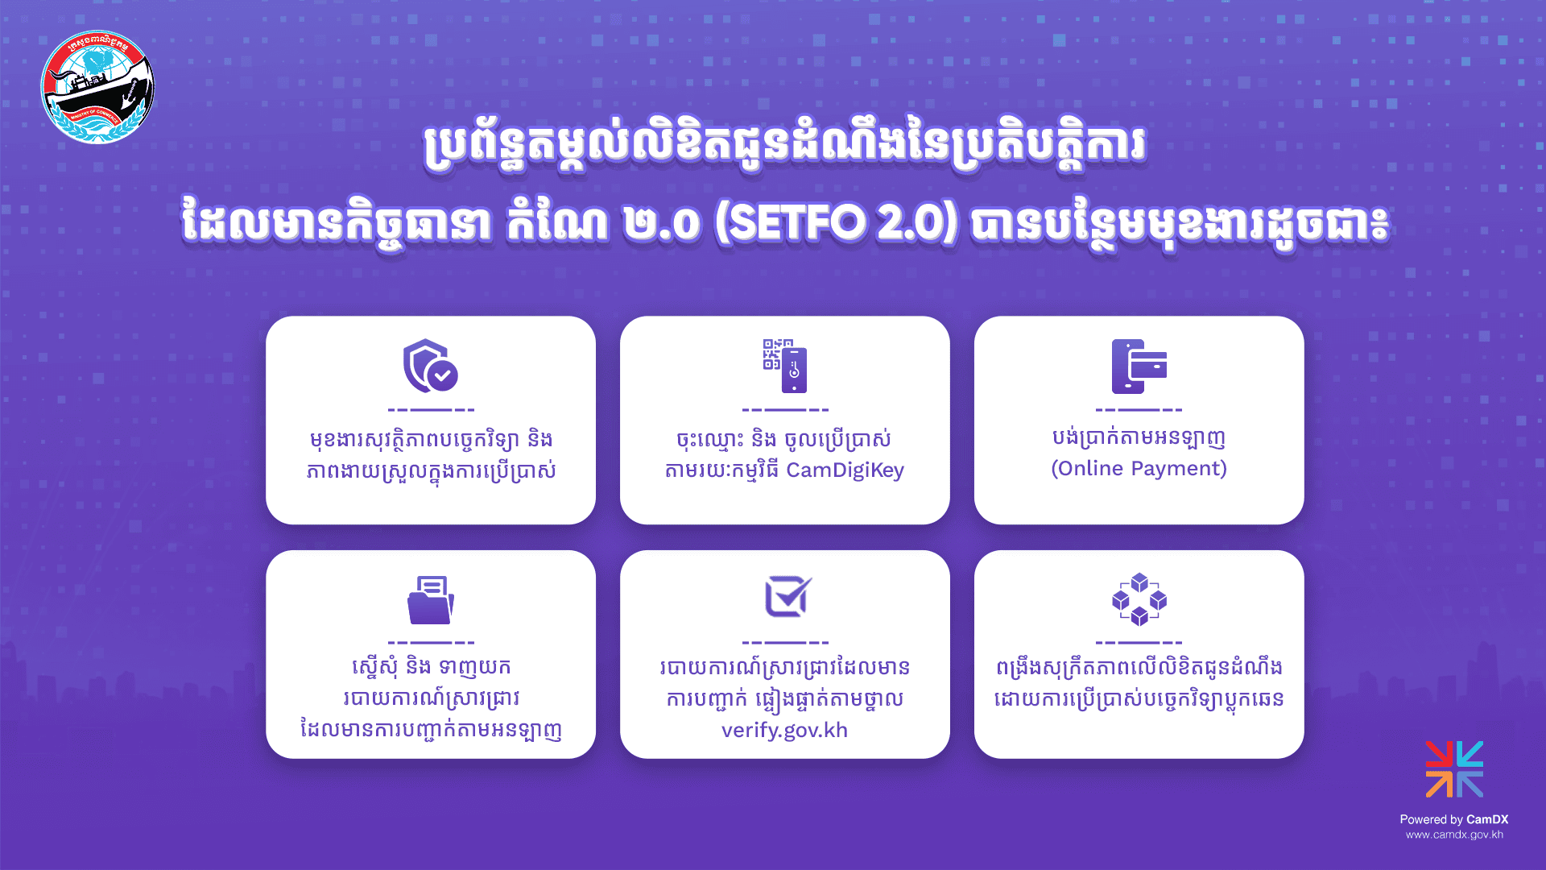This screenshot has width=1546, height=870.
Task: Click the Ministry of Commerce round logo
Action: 97,87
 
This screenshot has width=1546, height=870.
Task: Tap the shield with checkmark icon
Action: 431,366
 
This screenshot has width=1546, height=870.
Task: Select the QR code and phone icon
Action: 785,366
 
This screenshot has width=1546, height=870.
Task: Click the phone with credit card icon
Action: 1139,366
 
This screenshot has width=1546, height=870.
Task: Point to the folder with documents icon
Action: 431,600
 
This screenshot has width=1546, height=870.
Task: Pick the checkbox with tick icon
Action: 787,597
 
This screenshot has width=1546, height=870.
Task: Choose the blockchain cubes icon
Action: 1139,599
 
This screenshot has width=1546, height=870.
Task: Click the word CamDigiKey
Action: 845,470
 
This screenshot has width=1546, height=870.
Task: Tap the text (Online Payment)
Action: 1139,469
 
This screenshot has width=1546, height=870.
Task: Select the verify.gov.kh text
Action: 785,731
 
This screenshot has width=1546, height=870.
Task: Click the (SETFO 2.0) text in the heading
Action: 837,222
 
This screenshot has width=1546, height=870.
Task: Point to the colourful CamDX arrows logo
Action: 1454,769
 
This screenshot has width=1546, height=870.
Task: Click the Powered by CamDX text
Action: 1454,819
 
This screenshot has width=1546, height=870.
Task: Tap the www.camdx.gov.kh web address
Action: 1454,835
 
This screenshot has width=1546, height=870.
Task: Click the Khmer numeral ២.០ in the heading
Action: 662,224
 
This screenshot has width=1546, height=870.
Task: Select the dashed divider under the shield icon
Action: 431,410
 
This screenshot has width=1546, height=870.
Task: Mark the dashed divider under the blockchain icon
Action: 1139,643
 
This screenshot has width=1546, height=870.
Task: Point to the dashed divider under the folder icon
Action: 431,643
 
